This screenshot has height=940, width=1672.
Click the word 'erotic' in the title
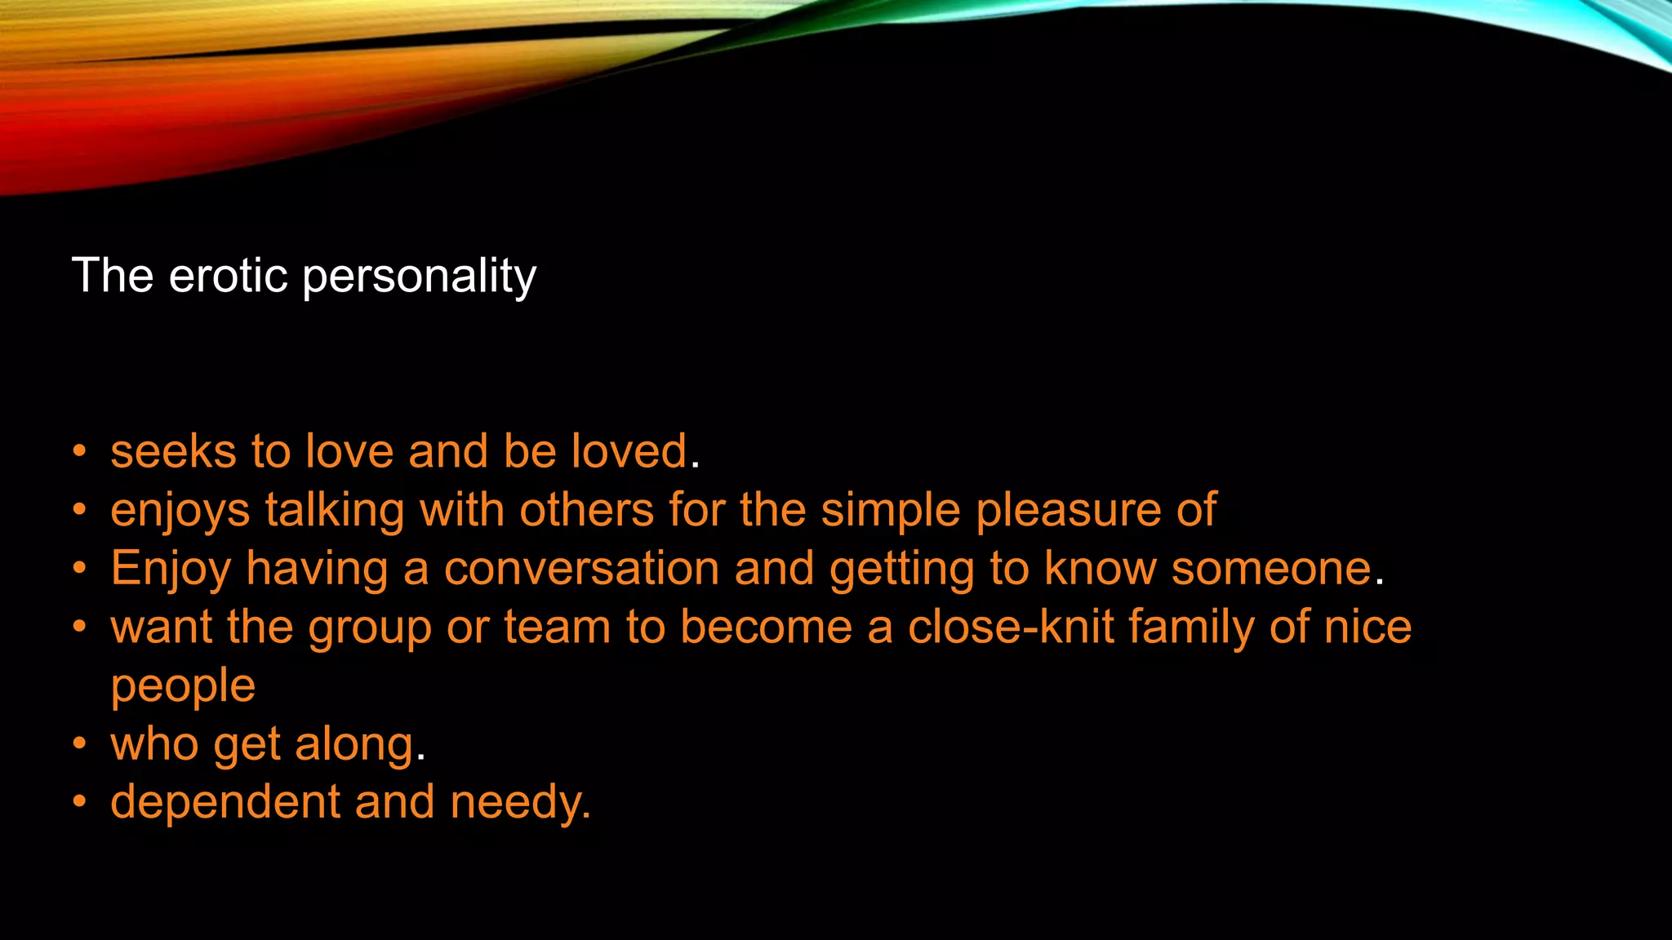click(228, 275)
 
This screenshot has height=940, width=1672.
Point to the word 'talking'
click(335, 512)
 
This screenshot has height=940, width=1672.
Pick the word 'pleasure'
click(1069, 512)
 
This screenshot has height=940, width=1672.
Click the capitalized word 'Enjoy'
click(171, 570)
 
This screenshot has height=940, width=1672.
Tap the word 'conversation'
click(581, 569)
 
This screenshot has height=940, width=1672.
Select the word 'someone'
click(1271, 569)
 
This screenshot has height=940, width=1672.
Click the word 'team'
click(557, 627)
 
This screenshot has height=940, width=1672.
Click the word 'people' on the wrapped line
click(183, 687)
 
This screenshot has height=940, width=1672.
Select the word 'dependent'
click(225, 802)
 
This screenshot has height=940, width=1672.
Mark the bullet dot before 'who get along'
click(79, 744)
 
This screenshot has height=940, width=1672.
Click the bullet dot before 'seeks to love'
click(79, 451)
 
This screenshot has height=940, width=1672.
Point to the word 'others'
click(587, 511)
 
